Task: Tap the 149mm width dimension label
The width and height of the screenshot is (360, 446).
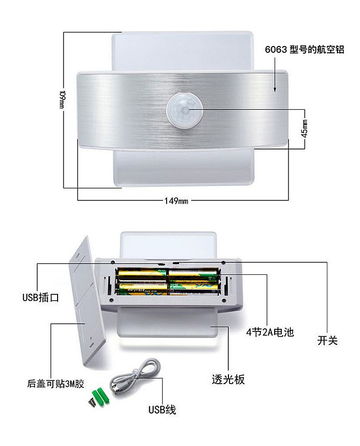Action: (176, 200)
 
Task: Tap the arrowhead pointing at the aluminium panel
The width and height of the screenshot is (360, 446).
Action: (275, 89)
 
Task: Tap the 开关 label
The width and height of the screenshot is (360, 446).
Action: (327, 340)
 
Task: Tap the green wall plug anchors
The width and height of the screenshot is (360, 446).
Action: (100, 396)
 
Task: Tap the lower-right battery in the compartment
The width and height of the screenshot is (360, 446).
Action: (194, 288)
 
